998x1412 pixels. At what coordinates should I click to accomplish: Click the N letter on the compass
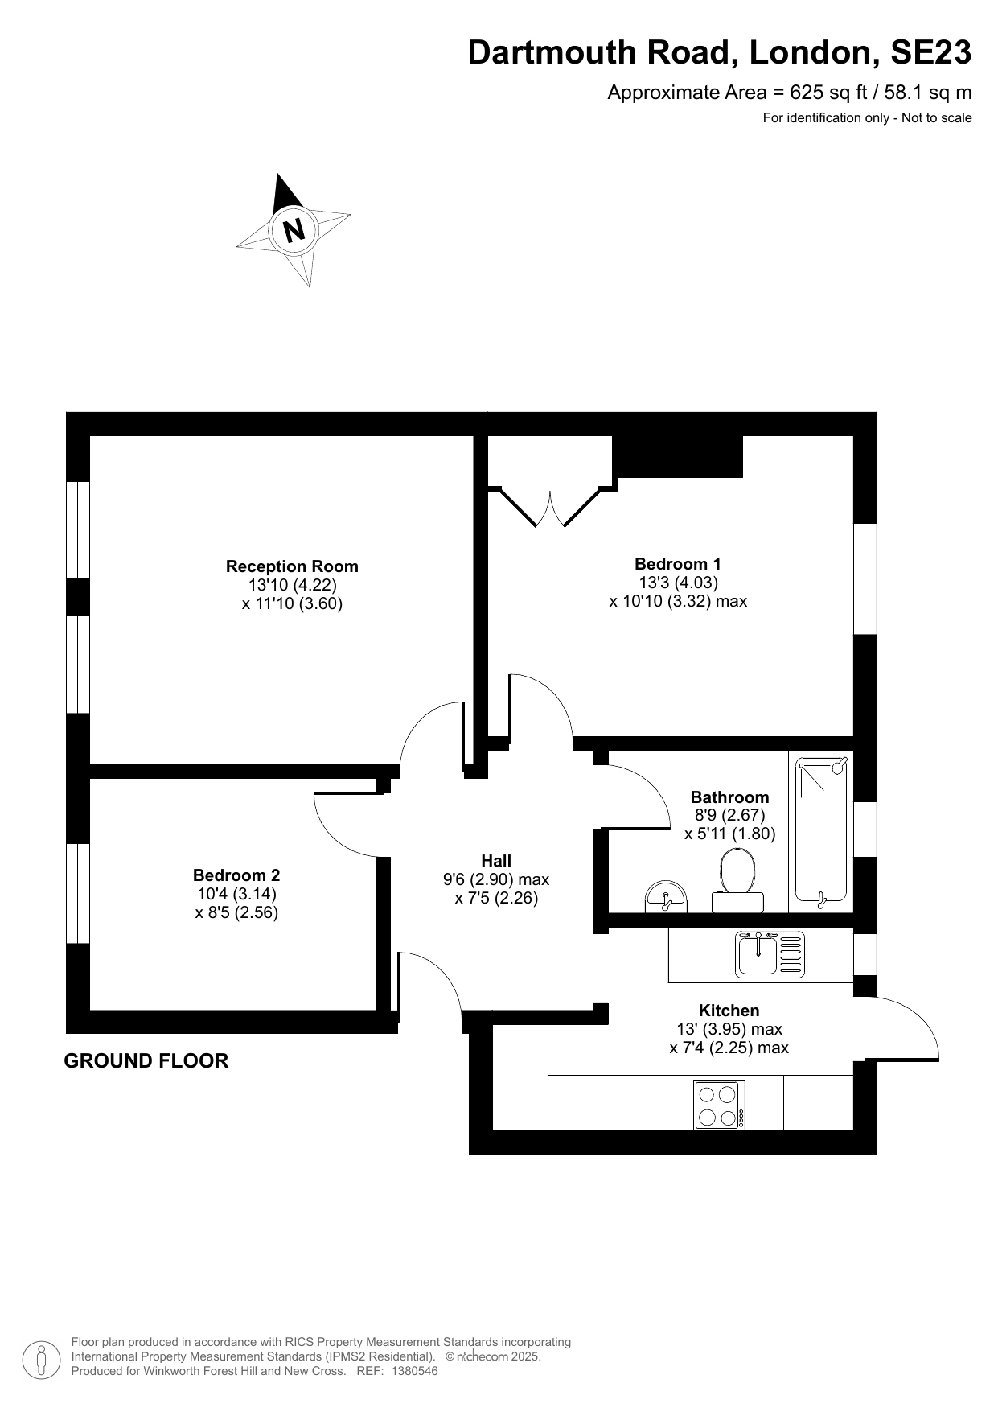pos(294,230)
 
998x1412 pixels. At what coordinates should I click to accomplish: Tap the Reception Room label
pos(292,566)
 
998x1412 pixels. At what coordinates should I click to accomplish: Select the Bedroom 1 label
pos(678,564)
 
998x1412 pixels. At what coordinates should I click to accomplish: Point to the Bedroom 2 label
pos(236,875)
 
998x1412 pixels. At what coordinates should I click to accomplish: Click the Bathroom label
pos(729,797)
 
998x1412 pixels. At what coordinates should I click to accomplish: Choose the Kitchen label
pos(729,1011)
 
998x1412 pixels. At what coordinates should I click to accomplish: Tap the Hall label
pos(496,860)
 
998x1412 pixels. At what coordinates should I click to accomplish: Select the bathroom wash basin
pos(666,897)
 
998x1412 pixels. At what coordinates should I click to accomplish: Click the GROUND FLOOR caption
pos(146,1061)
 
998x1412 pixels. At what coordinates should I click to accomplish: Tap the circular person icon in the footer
pos(41,1360)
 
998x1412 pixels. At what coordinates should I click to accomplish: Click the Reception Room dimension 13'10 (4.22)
pos(292,585)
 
